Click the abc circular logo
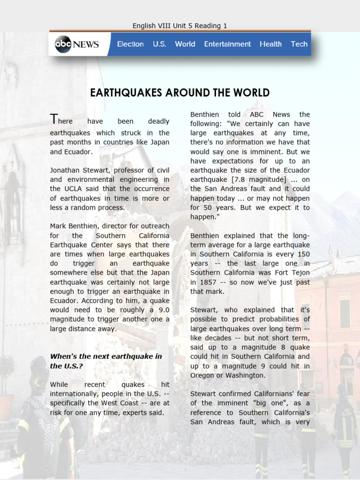pos(63,45)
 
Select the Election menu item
pos(130,44)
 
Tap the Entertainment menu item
pos(227,44)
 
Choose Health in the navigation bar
pos(270,44)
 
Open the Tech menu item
pos(299,44)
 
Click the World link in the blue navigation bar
pos(185,44)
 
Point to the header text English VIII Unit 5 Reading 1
pos(180,26)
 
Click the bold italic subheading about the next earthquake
pos(106,360)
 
